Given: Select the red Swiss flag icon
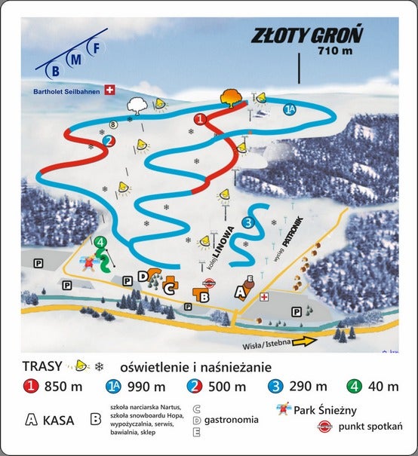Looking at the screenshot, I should point(111,91).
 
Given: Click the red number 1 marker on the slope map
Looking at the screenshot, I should point(201,119).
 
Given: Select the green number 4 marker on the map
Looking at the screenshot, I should point(100,242).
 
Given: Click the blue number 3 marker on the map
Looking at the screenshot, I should point(248,222).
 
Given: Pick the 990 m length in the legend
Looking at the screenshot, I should point(149,387).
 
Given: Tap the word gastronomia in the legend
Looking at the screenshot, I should point(234,420).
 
